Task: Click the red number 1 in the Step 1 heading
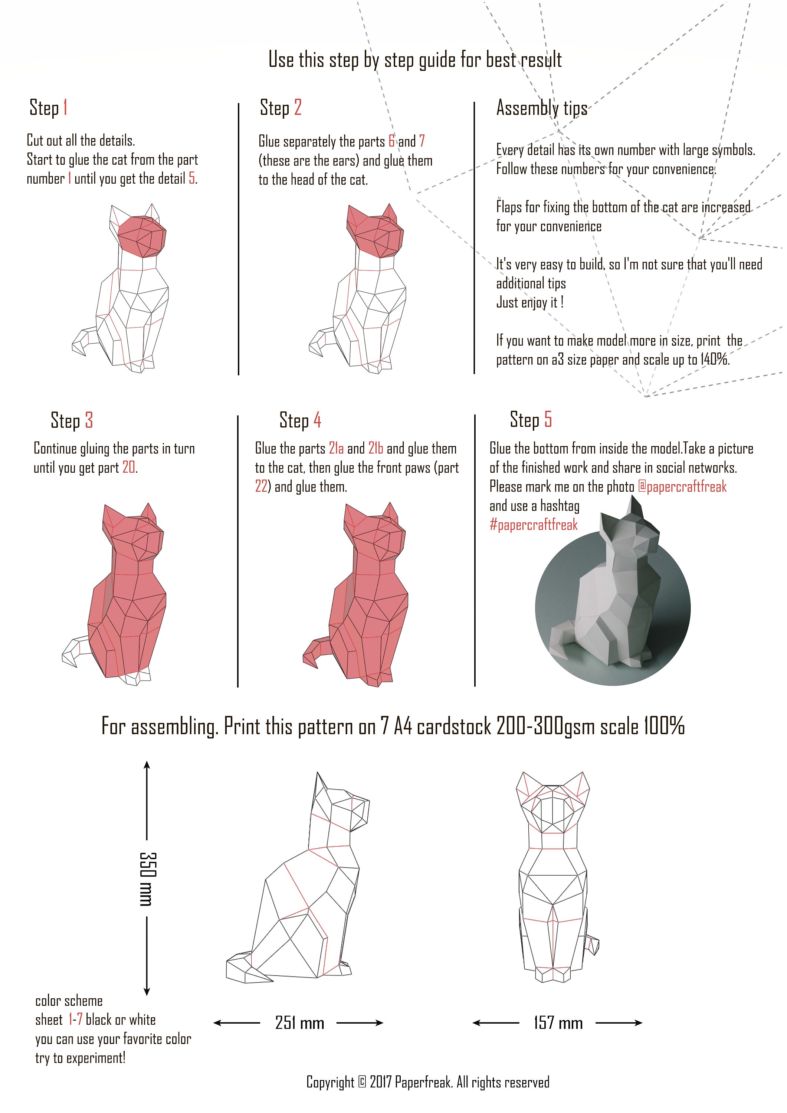65,107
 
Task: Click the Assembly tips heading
542,108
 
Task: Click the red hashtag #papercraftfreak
534,525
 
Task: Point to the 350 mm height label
147,879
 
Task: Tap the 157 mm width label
558,1023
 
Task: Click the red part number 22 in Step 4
261,487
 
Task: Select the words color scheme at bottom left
69,1001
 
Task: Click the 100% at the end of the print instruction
664,726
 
